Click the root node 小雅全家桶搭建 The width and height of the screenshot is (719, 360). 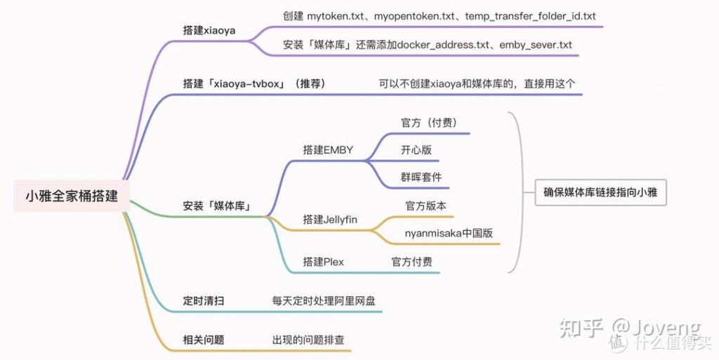tap(72, 196)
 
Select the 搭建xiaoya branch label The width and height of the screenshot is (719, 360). tap(209, 31)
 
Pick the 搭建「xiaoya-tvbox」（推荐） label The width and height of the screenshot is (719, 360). tap(254, 84)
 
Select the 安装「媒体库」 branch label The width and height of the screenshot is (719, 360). tap(218, 207)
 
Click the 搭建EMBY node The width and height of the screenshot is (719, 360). tap(328, 149)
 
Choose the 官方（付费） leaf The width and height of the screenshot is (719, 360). tap(429, 123)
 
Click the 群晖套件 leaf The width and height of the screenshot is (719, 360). tap(421, 178)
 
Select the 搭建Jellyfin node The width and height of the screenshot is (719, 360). tap(330, 220)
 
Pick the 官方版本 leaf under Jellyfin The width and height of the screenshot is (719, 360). tap(426, 206)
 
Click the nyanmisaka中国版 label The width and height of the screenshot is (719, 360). tap(453, 234)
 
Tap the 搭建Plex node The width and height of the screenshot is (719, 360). tap(323, 262)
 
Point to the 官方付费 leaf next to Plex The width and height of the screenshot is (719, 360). tap(411, 262)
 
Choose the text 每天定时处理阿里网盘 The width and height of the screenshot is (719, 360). tap(324, 301)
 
